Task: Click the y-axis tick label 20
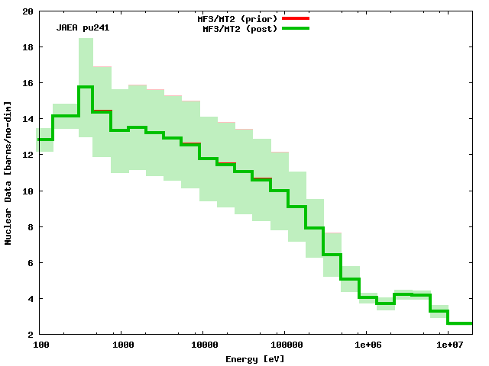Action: coord(28,11)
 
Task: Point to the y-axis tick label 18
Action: coord(28,47)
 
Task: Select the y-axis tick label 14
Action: coord(28,119)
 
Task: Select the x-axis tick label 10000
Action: coord(202,345)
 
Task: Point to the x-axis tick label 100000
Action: coord(284,345)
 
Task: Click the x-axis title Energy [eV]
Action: coord(254,358)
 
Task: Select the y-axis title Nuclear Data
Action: coord(8,172)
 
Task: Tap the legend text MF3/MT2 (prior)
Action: coord(238,18)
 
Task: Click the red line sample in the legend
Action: coord(296,18)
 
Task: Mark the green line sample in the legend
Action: coord(296,28)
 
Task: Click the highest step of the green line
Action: coord(85,87)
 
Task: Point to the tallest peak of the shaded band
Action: coord(85,39)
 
